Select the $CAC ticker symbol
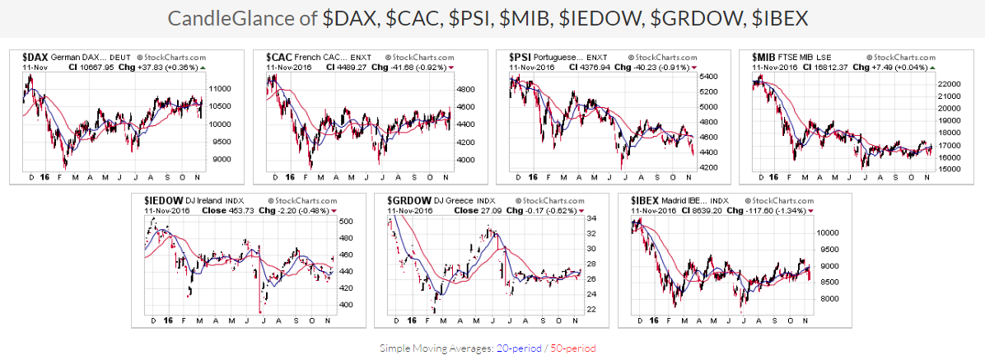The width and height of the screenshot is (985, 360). pyautogui.click(x=279, y=57)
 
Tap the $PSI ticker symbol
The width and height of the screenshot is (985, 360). pyautogui.click(x=521, y=57)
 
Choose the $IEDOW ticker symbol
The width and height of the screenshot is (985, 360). pyautogui.click(x=161, y=200)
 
